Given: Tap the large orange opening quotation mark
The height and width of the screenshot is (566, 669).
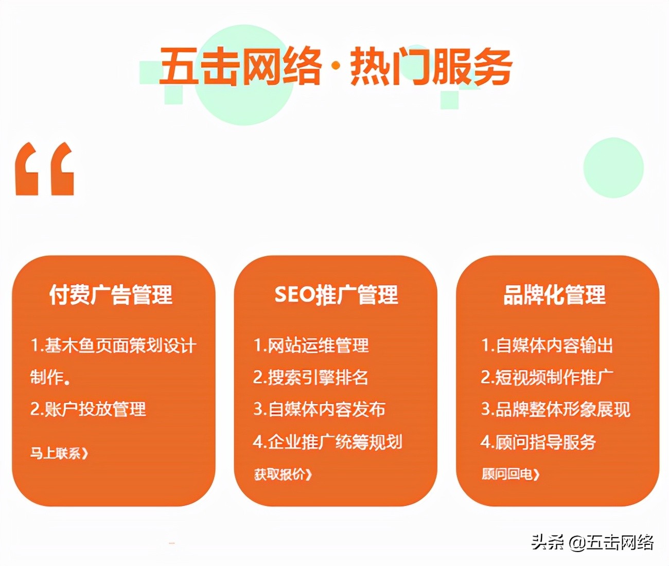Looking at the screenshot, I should pos(45,169).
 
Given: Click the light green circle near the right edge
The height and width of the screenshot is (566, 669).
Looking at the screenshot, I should pos(613,167).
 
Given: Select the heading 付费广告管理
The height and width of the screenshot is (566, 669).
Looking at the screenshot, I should pos(111,295).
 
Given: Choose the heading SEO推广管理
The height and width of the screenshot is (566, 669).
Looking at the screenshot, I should pos(336,295).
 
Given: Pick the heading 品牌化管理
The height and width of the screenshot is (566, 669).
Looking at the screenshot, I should pos(554,295).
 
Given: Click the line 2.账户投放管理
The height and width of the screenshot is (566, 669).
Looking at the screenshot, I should pos(88,409).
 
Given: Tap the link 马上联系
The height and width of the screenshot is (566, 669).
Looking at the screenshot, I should pos(59,453).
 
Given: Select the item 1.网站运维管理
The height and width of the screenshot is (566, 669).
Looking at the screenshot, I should pos(311,345).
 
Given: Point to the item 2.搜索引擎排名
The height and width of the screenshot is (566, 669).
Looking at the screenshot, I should pos(311,377).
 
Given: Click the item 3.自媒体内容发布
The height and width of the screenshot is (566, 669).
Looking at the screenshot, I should pos(319,409).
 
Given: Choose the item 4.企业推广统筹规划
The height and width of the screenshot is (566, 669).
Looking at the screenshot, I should pos(327,441).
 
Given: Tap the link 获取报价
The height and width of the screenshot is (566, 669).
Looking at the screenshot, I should pos(283,474).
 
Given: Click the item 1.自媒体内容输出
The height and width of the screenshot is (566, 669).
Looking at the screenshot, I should pos(547,345).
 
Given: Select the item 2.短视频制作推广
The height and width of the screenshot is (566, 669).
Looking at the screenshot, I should pos(547,377).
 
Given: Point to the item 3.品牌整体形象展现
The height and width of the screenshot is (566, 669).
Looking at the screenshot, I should pos(555,409).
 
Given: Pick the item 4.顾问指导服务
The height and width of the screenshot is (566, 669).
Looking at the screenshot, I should pos(538,441).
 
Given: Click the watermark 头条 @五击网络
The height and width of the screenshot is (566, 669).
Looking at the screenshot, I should pos(592,542).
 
